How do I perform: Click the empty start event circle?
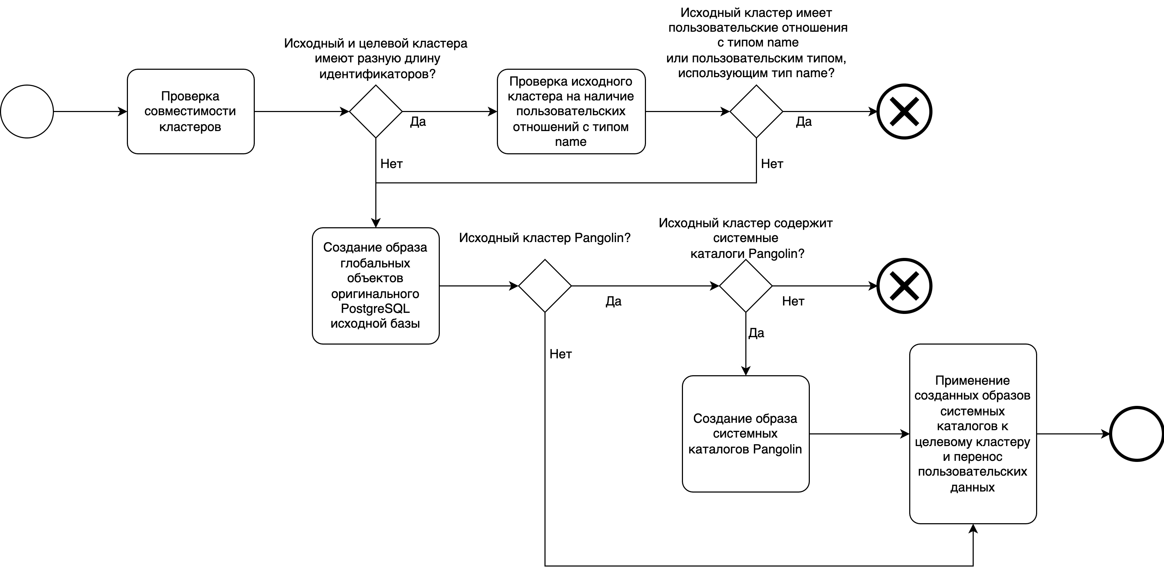click(x=27, y=112)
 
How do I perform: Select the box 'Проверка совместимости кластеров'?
click(x=190, y=112)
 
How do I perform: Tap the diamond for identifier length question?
click(x=376, y=112)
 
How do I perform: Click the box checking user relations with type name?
click(x=571, y=112)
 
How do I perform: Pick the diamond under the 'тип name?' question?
click(x=756, y=112)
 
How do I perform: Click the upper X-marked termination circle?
click(x=904, y=112)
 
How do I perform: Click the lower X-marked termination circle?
click(x=904, y=286)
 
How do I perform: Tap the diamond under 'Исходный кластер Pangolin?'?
click(x=545, y=286)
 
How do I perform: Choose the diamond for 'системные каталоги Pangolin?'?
click(x=746, y=286)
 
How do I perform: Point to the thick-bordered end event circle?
click(x=1137, y=434)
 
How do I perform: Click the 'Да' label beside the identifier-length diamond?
click(x=418, y=122)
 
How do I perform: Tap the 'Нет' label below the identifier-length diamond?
click(x=391, y=164)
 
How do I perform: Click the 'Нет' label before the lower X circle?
click(x=793, y=301)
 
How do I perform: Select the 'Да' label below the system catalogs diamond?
click(x=756, y=333)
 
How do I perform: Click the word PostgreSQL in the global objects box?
click(x=375, y=309)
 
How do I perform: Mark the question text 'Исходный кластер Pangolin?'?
click(x=544, y=238)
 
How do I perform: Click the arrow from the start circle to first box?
click(x=90, y=112)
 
